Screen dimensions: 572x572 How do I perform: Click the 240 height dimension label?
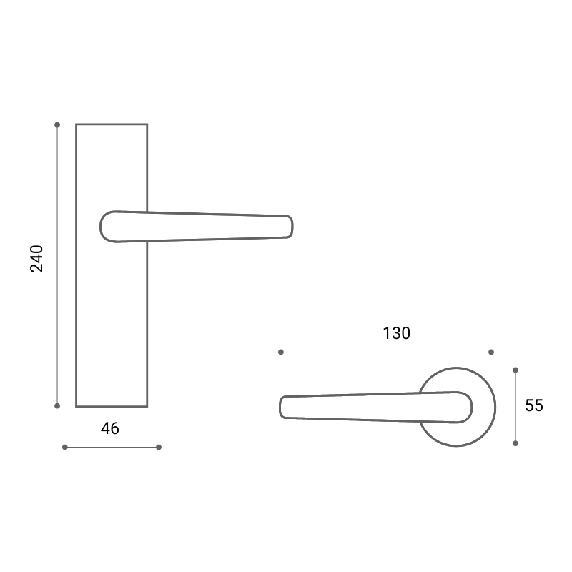(36, 259)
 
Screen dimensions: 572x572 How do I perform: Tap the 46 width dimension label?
(110, 428)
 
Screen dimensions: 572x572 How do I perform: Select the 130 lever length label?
(397, 333)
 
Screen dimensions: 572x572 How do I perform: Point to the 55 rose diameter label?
(534, 405)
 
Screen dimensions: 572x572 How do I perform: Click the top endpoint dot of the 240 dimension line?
(57, 124)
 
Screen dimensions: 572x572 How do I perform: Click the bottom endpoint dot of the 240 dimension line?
(57, 405)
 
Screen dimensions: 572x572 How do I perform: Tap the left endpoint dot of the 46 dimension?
(65, 448)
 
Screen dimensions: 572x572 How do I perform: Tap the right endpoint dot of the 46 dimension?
(159, 448)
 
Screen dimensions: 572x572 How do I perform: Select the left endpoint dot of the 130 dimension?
(281, 352)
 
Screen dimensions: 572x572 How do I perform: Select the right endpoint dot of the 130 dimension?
(491, 352)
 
